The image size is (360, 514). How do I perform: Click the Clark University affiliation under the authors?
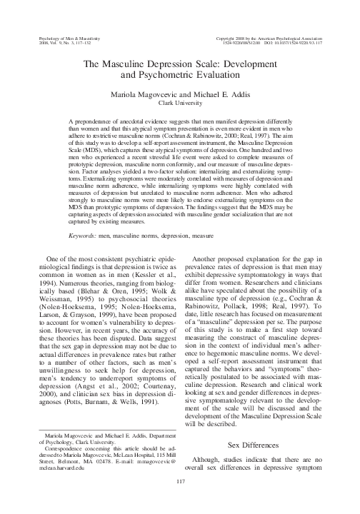pos(180,103)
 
